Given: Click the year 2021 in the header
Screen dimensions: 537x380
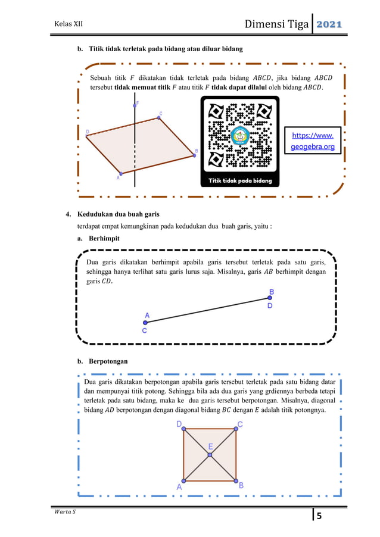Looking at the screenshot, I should [x=328, y=24].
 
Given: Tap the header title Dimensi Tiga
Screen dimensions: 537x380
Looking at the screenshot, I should [x=276, y=24].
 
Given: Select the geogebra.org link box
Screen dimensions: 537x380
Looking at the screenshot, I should [x=313, y=141].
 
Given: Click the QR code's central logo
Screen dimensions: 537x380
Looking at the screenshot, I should [x=241, y=135].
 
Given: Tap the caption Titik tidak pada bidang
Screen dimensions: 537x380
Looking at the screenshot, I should [x=240, y=180].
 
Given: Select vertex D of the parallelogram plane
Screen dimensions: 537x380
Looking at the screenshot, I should [x=88, y=136].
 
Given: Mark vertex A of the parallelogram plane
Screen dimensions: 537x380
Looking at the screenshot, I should [x=120, y=173].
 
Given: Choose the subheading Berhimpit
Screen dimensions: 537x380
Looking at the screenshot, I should [x=104, y=238].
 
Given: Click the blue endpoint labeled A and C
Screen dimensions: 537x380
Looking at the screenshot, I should [x=145, y=323].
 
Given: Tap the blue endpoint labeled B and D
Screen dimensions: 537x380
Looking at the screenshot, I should [x=270, y=298].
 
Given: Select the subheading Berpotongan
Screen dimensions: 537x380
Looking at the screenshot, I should [x=108, y=361].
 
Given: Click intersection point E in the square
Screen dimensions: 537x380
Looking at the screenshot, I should [x=210, y=455].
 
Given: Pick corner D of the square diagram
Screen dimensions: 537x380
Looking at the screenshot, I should [x=184, y=429].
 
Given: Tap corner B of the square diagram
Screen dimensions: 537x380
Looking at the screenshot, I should [x=236, y=481].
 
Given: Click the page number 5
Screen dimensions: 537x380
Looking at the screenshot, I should [x=319, y=516].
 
